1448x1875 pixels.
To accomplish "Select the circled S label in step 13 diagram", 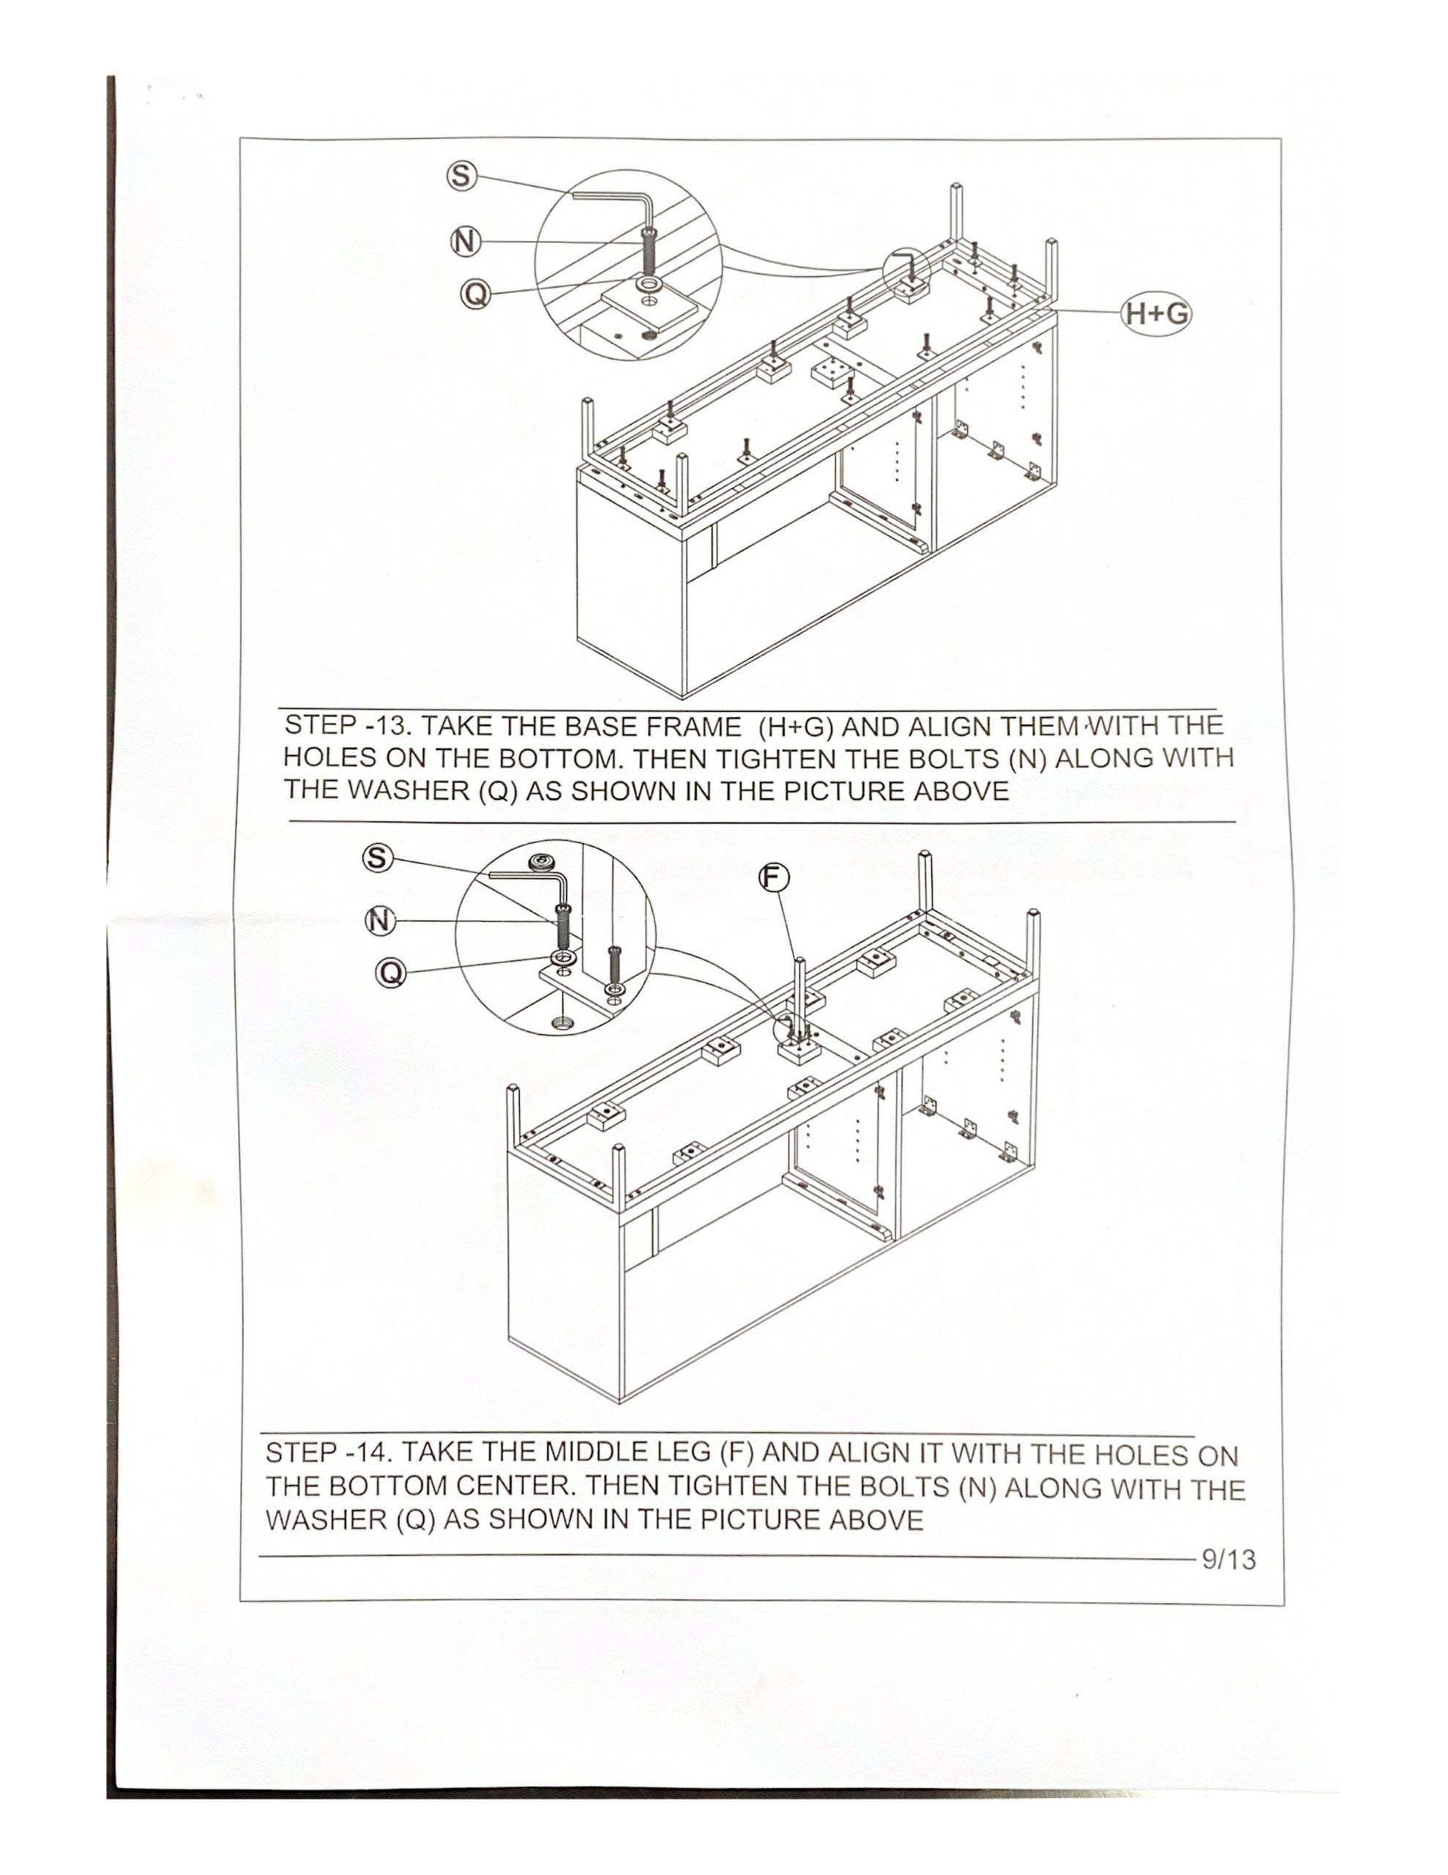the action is tap(461, 176).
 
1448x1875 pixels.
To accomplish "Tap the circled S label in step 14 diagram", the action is tap(378, 857).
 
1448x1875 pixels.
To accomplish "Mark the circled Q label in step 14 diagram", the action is tap(390, 973).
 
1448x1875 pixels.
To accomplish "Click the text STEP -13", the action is tap(349, 724).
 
